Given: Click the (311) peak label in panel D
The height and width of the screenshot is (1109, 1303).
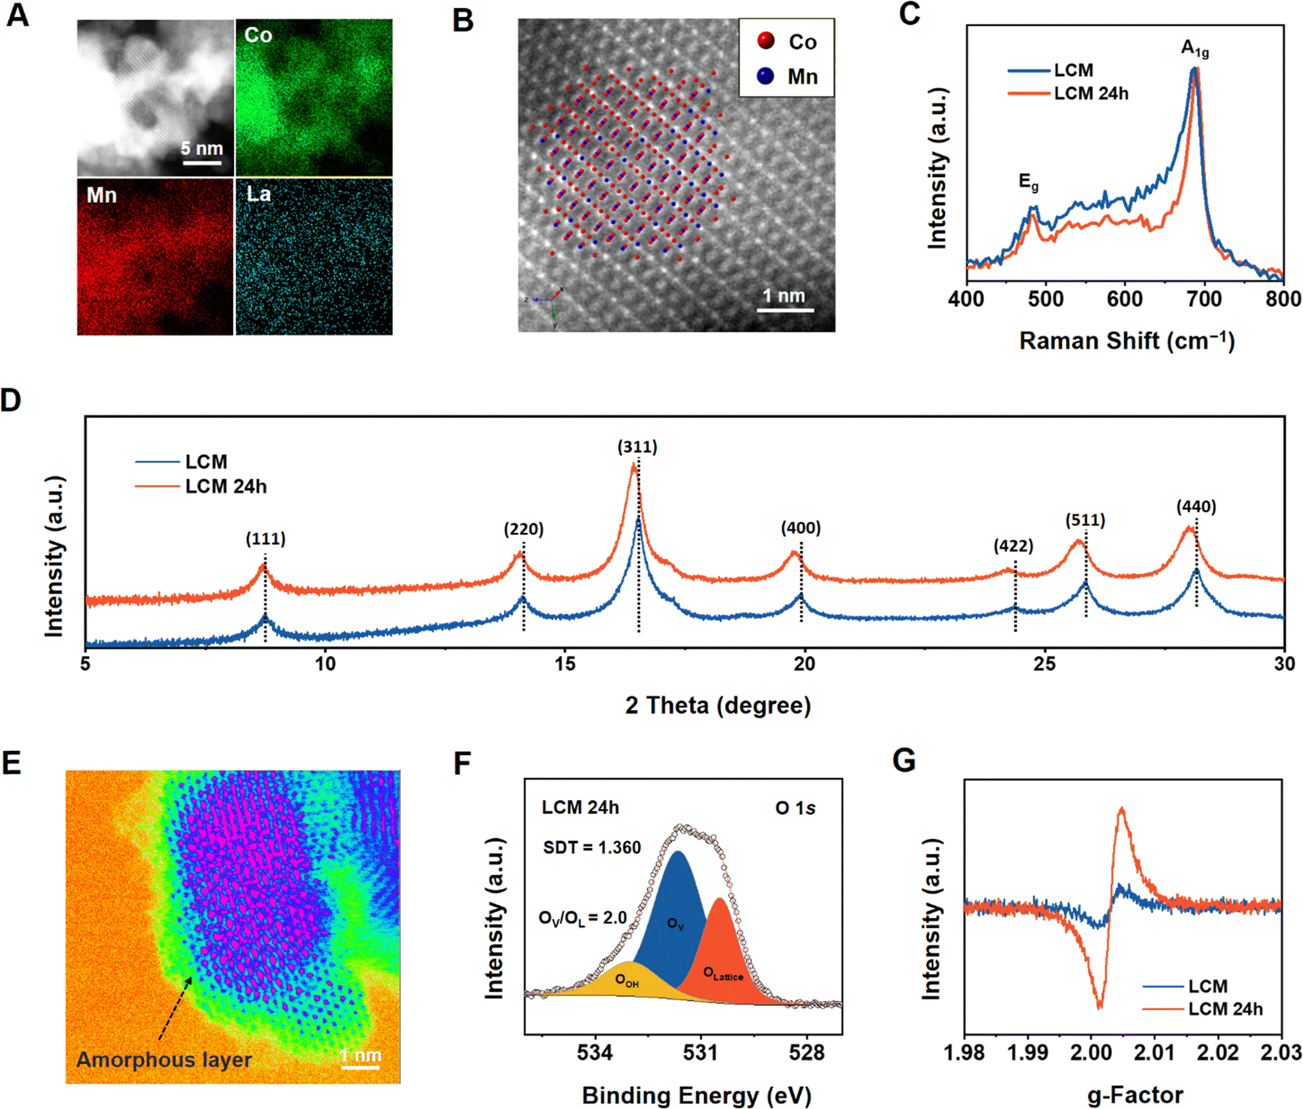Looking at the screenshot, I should [x=637, y=447].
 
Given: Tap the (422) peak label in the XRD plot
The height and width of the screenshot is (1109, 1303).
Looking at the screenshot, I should [x=1013, y=546].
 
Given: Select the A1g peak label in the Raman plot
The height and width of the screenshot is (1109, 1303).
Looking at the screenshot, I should [x=1195, y=48].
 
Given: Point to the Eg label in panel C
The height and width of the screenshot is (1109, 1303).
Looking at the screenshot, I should [x=1028, y=182].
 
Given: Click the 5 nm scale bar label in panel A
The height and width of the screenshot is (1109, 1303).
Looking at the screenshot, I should [x=202, y=148].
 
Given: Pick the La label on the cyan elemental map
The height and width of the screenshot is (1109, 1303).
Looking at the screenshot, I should [x=258, y=194].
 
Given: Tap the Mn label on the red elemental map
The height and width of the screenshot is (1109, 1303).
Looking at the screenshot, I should [x=102, y=196].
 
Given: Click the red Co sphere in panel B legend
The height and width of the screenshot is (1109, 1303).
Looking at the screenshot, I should [x=766, y=41].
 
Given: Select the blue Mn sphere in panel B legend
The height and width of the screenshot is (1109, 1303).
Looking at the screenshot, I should [x=765, y=76].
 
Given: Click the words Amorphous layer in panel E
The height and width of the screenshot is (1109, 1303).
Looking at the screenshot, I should [x=164, y=1059].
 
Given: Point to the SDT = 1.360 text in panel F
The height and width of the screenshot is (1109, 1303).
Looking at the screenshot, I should [x=592, y=847].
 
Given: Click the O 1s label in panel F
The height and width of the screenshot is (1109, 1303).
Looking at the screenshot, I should [x=795, y=808].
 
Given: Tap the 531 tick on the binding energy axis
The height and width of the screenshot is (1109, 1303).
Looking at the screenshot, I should [x=700, y=1053].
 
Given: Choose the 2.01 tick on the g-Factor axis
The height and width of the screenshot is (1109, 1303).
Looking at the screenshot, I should [x=1154, y=1052].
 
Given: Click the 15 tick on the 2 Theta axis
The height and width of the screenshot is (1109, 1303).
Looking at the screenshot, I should [x=565, y=664].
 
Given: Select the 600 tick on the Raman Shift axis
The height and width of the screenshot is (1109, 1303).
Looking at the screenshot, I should [x=1125, y=299].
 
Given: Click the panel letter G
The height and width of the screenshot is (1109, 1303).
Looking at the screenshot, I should [x=904, y=761].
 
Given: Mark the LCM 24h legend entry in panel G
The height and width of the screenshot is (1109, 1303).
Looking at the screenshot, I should [x=1225, y=1009].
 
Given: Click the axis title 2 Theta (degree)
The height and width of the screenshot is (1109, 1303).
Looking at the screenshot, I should [x=718, y=705].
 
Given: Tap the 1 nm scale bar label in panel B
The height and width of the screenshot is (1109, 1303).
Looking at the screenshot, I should [x=784, y=295].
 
